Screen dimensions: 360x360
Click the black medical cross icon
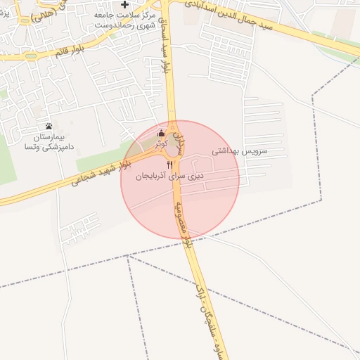pos(125,5)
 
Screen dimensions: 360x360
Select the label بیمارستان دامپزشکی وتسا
pos(49,141)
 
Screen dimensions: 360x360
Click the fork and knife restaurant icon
pos(169,164)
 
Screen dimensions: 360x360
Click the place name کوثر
pos(162,143)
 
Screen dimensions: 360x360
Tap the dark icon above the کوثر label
pos(162,133)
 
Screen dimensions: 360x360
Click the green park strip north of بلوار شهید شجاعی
pos(105,160)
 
